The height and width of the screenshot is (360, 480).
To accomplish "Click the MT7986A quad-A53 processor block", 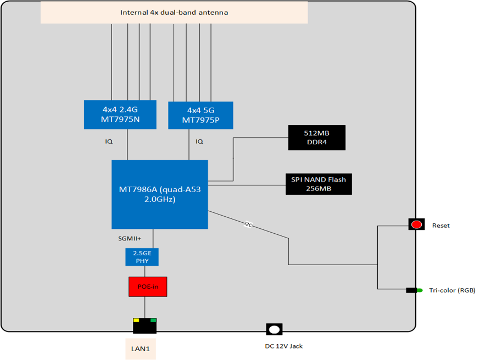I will coord(159,194).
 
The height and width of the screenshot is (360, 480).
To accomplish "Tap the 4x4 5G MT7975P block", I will coord(200,115).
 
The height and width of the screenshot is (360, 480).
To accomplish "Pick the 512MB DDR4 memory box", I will coord(316,137).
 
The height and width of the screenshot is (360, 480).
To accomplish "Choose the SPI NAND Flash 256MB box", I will coord(319,184).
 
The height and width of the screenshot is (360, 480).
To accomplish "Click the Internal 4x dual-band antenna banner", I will coord(174,12).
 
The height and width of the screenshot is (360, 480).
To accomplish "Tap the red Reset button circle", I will coord(417,224).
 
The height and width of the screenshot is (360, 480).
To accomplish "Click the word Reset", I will coord(440,226).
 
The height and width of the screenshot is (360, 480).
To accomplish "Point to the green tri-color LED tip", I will coord(420,290).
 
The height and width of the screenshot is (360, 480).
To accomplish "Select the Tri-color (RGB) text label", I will coord(452,290).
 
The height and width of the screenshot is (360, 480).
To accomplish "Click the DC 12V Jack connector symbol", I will coord(274,329).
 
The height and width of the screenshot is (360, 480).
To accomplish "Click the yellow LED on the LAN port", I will coord(136,320).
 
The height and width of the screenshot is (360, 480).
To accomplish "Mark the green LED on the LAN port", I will coord(153,320).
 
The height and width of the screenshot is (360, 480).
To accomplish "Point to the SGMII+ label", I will coord(130,239).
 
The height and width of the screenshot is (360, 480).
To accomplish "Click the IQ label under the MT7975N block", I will coord(109,142).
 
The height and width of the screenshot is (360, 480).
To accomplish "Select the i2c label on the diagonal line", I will coord(248,224).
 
